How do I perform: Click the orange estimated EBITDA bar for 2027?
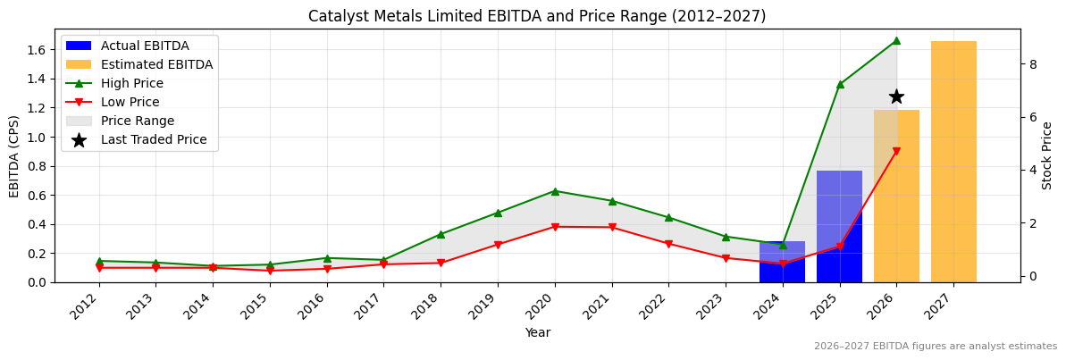[x=953, y=162]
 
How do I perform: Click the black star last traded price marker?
[x=896, y=96]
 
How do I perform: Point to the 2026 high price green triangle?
[x=896, y=40]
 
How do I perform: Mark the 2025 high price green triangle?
[x=840, y=84]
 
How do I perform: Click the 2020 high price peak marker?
[x=555, y=190]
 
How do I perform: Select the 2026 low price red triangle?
[x=896, y=152]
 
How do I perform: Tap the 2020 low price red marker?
[x=555, y=227]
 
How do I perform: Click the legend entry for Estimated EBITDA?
[x=156, y=64]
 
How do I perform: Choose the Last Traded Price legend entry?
[x=153, y=139]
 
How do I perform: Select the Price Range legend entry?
[x=138, y=121]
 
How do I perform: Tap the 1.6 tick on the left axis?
[x=37, y=50]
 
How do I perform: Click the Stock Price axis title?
[x=1047, y=155]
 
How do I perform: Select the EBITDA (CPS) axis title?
[x=14, y=155]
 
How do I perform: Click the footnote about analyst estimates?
[x=935, y=347]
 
